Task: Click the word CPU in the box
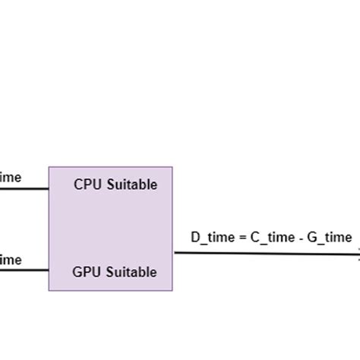(87, 185)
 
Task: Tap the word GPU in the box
(86, 272)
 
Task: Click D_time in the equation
(212, 238)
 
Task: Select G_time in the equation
(331, 238)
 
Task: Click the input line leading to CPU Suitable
(23, 188)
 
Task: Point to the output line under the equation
(266, 254)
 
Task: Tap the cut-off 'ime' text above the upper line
(10, 178)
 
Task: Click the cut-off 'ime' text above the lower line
(10, 260)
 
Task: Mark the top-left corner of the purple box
(49, 167)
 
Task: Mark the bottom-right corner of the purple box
(172, 290)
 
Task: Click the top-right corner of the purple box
(172, 167)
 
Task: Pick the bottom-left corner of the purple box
(49, 290)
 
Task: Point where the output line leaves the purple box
(173, 253)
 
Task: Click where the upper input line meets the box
(49, 188)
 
